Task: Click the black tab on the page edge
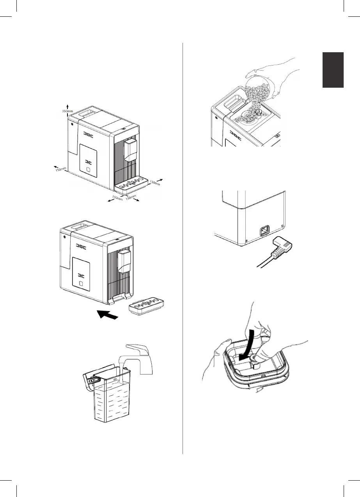tap(333, 70)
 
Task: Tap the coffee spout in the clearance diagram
tap(129, 150)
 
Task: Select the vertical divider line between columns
tap(183, 249)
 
